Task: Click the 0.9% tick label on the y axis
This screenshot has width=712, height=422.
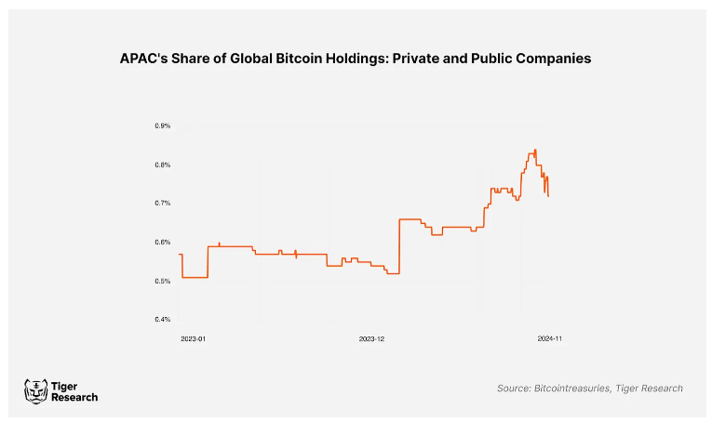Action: [x=162, y=125]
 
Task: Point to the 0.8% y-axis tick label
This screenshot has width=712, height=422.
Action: [x=162, y=165]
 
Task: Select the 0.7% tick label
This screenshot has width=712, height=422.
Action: [x=162, y=203]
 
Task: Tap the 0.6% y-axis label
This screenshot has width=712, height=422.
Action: [x=162, y=242]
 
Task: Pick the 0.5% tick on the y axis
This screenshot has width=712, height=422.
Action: [x=162, y=281]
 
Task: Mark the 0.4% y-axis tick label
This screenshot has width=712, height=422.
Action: [x=162, y=320]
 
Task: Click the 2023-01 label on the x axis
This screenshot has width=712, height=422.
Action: [x=193, y=339]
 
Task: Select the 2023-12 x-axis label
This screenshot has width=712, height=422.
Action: [x=371, y=339]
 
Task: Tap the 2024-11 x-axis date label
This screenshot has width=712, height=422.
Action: [x=550, y=339]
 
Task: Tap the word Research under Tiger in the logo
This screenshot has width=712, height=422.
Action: [x=74, y=398]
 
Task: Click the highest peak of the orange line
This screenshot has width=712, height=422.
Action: [x=535, y=149]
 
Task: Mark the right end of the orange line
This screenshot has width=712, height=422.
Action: [x=548, y=196]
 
